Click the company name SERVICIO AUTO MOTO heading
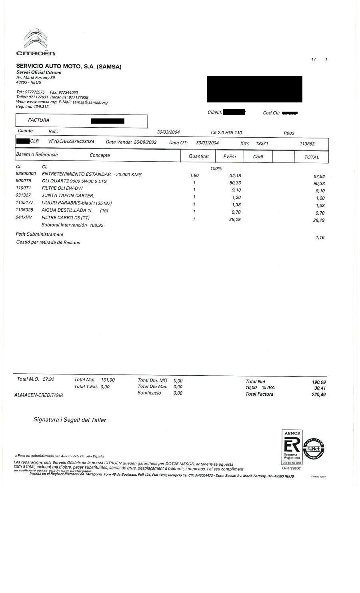(x=68, y=66)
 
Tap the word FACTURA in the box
(x=39, y=120)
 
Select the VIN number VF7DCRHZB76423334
(x=71, y=142)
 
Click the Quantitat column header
(x=199, y=156)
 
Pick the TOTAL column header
(x=312, y=157)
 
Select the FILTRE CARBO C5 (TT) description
(x=66, y=218)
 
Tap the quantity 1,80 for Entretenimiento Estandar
(x=194, y=175)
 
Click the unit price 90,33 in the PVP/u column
(x=235, y=183)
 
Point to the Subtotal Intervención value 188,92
(x=96, y=225)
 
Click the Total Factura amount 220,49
(x=318, y=395)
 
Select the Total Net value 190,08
(x=318, y=382)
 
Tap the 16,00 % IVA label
(x=260, y=388)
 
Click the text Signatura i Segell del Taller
(x=70, y=420)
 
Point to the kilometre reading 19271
(x=262, y=143)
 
